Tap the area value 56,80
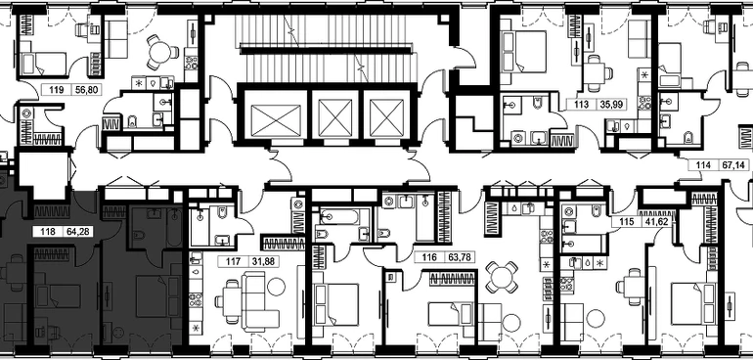point(86,89)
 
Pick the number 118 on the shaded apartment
point(48,232)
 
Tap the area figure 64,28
point(79,232)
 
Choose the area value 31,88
point(264,262)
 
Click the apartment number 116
point(429,257)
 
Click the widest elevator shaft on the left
point(276,115)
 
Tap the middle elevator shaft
point(335,115)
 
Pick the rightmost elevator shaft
point(386,115)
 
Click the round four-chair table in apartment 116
point(502,277)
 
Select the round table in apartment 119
point(160,53)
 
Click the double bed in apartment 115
point(693,303)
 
